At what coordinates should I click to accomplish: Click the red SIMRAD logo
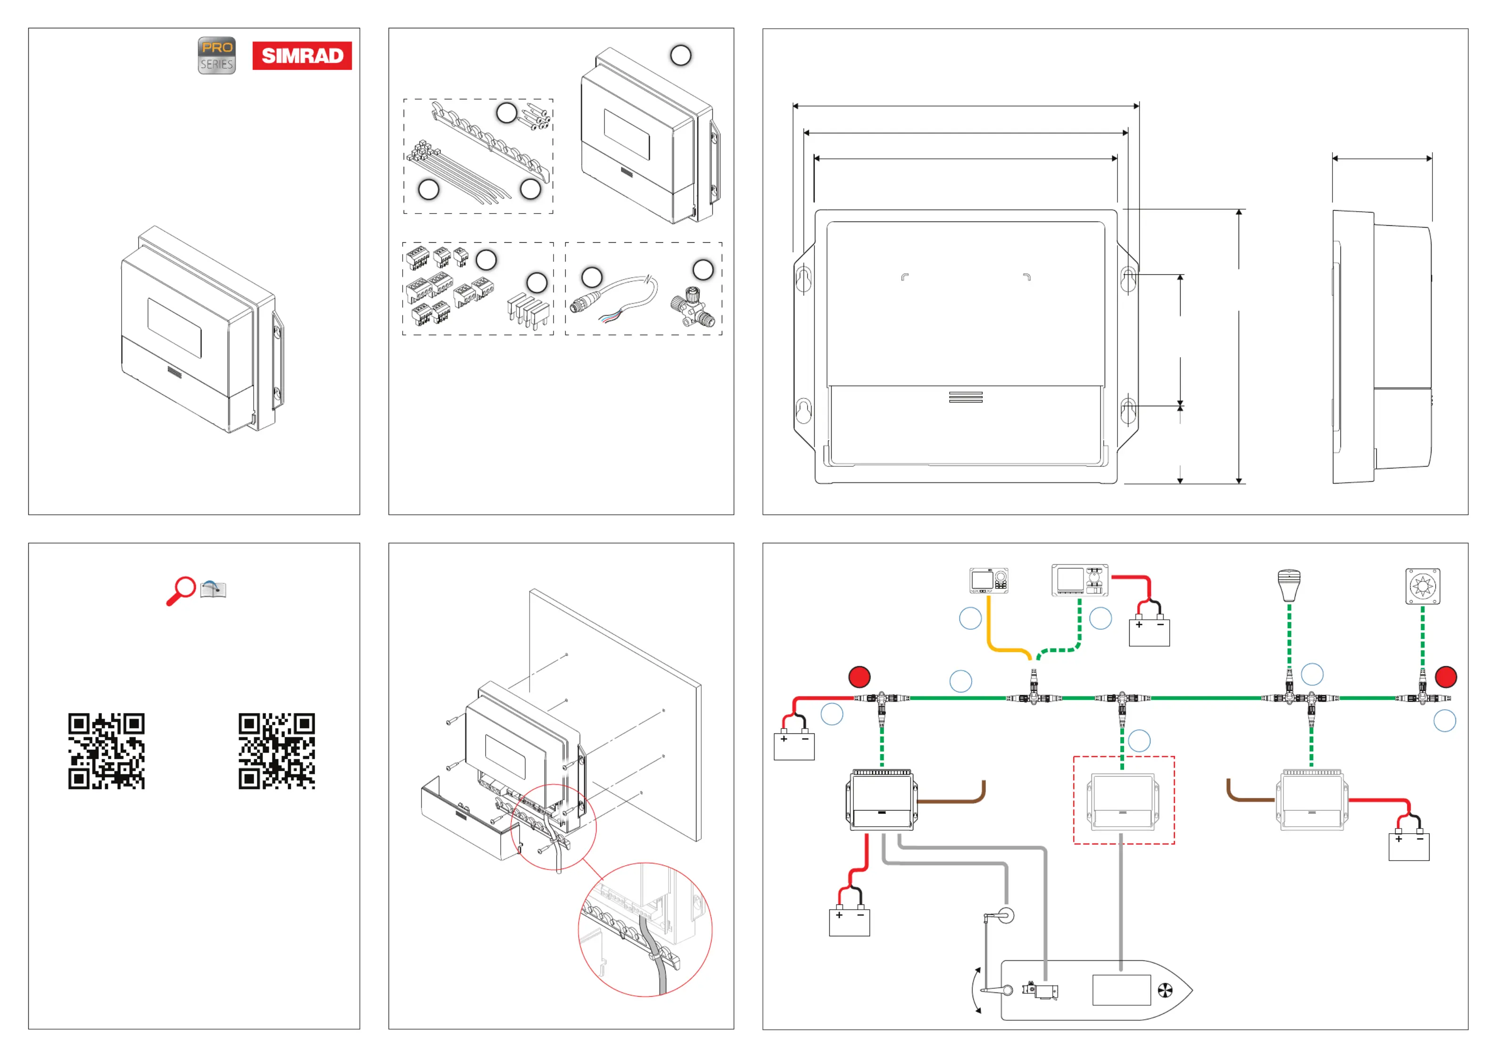click(x=302, y=56)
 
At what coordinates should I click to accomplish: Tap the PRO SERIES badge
click(x=216, y=56)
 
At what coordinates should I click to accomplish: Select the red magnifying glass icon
click(x=181, y=590)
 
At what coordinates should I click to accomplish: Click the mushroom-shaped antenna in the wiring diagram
click(x=1289, y=585)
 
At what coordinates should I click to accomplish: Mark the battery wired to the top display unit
click(x=1149, y=631)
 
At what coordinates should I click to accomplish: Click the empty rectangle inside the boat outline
click(x=1121, y=990)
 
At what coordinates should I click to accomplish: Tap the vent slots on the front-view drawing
click(x=966, y=397)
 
